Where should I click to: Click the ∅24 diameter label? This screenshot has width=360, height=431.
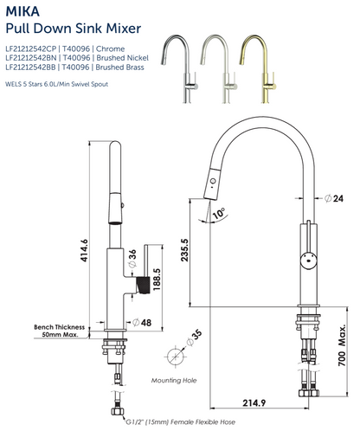[337, 198]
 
